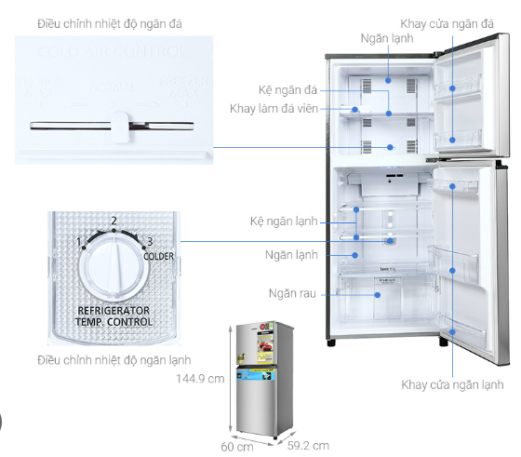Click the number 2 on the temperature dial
(114, 222)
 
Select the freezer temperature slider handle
(118, 125)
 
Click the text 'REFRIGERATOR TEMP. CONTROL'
(115, 317)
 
